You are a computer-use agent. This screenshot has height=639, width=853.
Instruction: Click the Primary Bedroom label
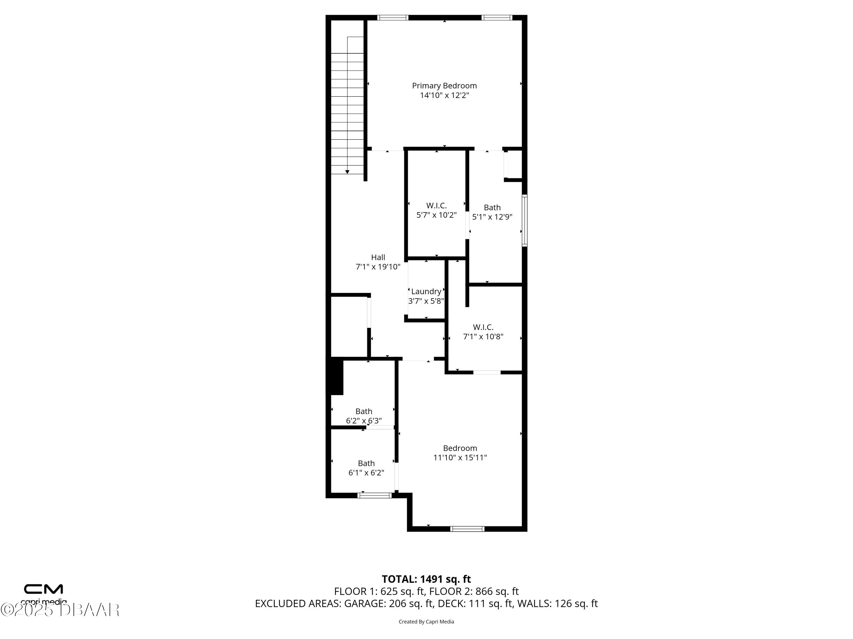coord(444,85)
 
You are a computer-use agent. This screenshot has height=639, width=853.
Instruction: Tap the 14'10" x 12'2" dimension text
coord(444,95)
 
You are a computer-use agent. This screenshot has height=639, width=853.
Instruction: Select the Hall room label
coord(378,257)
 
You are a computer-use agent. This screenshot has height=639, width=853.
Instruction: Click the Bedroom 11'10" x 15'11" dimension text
coord(460,458)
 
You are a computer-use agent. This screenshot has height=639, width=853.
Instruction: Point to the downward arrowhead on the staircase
coord(347,172)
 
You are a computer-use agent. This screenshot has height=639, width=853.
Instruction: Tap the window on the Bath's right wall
coord(524,220)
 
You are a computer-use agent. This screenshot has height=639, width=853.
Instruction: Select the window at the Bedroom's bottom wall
coord(467,529)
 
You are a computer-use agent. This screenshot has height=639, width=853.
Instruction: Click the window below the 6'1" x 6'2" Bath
coord(374,495)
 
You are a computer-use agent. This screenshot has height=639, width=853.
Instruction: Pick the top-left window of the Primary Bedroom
coord(393,18)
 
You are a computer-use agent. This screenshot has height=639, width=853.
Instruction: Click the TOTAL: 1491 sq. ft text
coord(426,579)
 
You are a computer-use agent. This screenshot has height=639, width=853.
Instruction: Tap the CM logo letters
coord(44,589)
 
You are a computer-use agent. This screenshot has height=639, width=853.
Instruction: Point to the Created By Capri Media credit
coord(426,621)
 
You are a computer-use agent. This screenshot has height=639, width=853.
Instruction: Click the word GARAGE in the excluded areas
coord(364,603)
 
